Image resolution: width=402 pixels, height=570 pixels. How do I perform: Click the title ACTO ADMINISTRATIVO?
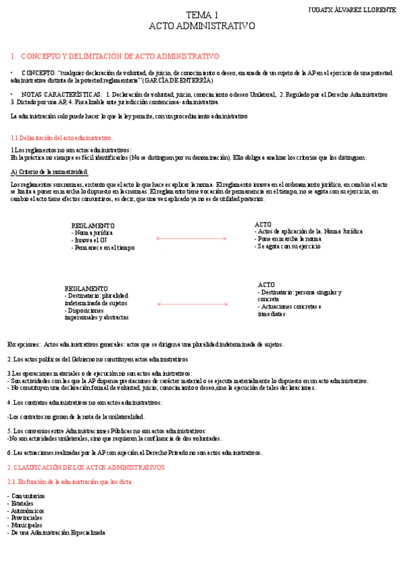point(201,26)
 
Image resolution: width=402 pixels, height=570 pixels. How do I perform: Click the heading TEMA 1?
point(201,15)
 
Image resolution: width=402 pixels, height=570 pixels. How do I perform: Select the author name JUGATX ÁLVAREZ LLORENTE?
point(352,10)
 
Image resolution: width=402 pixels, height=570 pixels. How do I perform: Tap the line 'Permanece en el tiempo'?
point(103,247)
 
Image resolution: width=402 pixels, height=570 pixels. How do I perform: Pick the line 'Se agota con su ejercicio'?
point(287,246)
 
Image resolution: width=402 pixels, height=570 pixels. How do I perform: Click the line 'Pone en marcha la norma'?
point(288,239)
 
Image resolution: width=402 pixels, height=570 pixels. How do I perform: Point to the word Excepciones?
point(23,344)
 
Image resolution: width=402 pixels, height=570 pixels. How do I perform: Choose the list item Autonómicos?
point(28,511)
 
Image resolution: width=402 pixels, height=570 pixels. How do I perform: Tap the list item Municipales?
point(27,525)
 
